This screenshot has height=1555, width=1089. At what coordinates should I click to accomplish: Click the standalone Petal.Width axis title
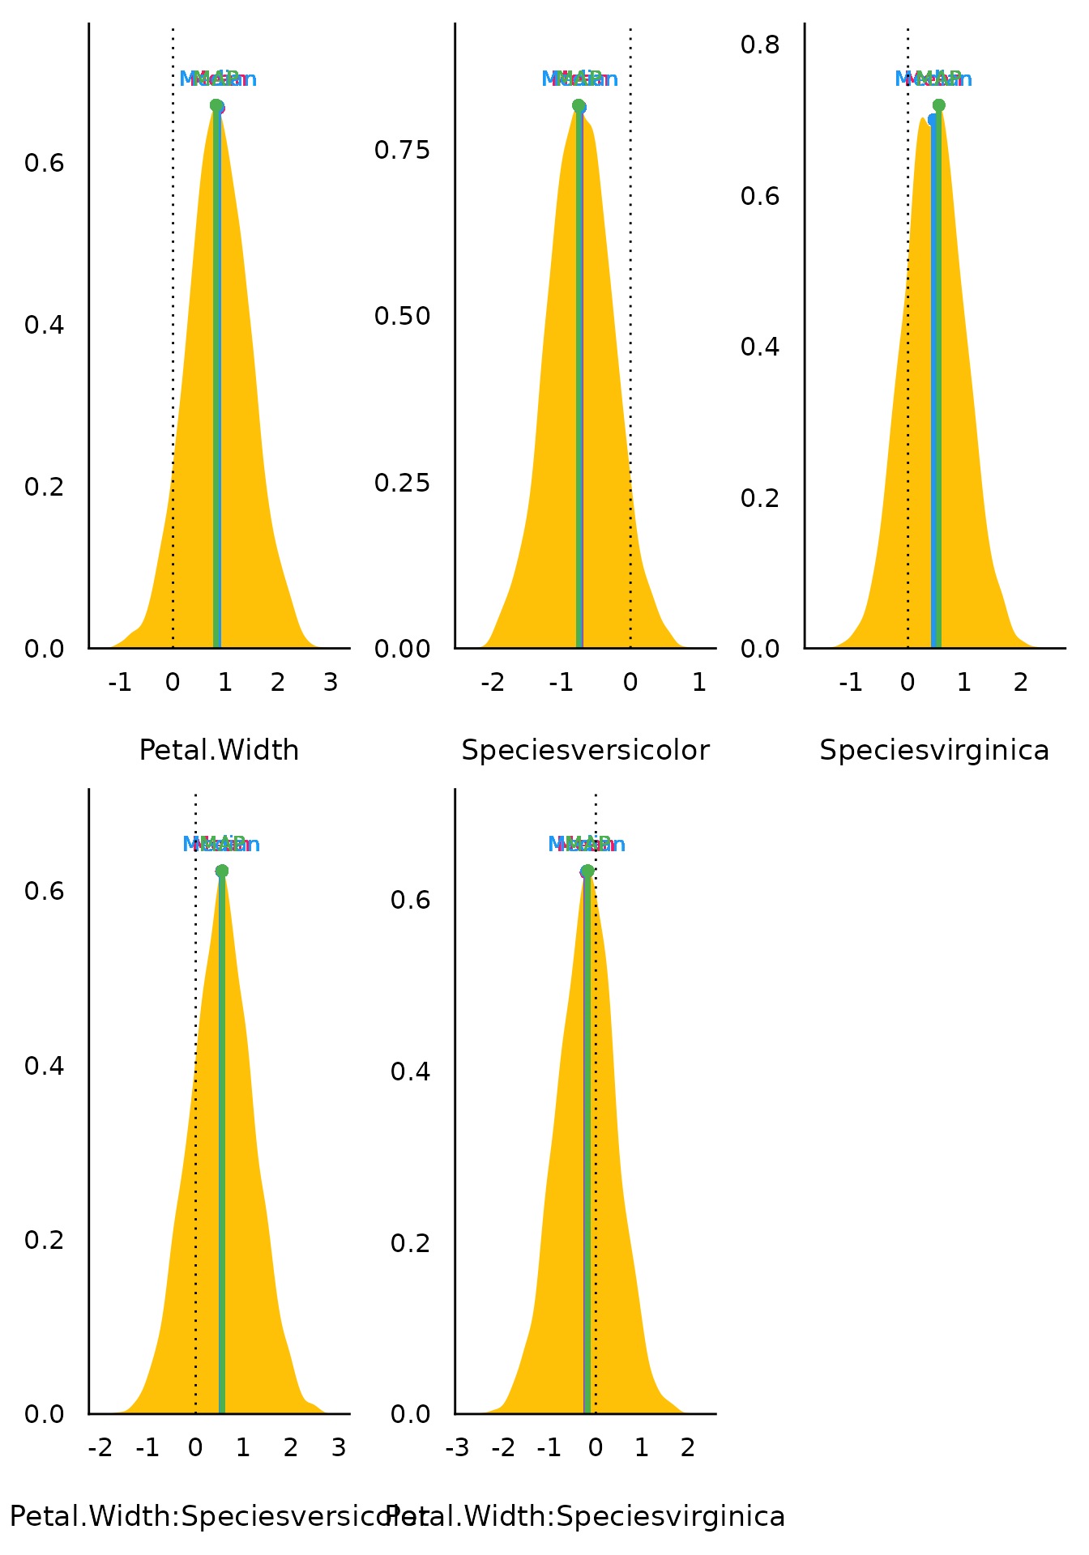tap(219, 751)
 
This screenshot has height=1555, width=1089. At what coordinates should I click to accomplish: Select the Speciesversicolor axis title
tap(585, 751)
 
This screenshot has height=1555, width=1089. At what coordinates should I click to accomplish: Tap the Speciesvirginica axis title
tap(934, 751)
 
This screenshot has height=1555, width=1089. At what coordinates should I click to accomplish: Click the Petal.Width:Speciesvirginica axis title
tap(585, 1516)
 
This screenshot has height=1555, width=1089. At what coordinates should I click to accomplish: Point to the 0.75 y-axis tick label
tap(402, 150)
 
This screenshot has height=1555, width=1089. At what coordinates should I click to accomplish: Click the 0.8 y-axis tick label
tap(760, 44)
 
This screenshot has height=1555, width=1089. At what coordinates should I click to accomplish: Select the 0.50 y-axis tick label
tap(402, 316)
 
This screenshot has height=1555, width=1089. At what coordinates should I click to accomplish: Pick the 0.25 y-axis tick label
tap(402, 483)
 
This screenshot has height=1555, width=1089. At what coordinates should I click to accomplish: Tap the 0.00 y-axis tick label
tap(402, 649)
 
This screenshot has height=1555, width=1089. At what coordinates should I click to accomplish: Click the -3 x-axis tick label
tap(457, 1447)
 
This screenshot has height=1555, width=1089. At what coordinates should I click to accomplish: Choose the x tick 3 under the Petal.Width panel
tap(331, 683)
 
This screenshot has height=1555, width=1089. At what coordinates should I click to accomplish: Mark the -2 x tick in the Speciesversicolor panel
tap(493, 683)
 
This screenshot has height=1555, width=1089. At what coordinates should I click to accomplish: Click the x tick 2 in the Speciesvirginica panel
tap(1021, 683)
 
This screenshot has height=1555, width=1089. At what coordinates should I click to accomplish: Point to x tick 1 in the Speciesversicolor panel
tap(699, 683)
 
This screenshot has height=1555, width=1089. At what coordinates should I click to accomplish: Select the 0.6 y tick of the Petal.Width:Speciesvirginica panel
tap(410, 900)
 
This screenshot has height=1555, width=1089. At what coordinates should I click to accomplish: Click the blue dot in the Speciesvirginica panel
tap(933, 120)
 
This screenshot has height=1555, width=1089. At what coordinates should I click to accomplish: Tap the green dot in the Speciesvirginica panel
tap(939, 105)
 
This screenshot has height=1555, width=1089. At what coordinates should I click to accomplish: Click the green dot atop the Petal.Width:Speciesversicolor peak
tap(222, 871)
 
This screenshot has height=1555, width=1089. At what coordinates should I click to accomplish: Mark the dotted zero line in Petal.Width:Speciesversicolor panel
tap(195, 1134)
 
